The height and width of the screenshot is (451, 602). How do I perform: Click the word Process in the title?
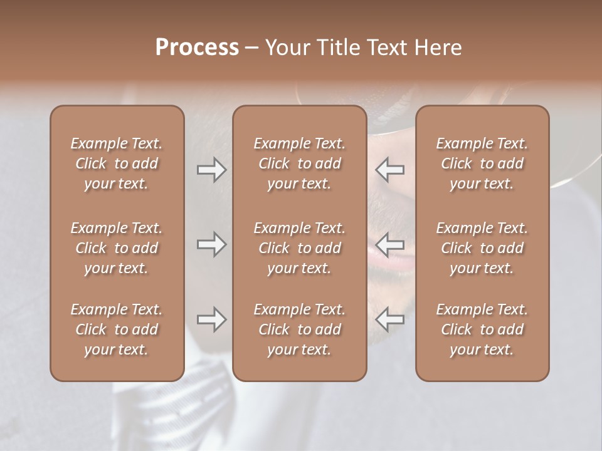pos(197,48)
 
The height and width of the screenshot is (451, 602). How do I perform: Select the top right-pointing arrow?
pos(211,170)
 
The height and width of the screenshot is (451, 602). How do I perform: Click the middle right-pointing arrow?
pos(211,244)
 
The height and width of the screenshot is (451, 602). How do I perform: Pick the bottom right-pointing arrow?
pos(211,319)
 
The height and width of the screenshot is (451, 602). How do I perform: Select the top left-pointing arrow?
pos(389,170)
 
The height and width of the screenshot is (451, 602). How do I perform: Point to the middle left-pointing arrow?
pos(389,244)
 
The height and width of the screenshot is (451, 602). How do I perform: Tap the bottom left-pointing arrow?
pos(389,319)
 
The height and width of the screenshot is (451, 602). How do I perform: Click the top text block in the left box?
pos(117,163)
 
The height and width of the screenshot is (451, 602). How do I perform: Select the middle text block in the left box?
pos(117,248)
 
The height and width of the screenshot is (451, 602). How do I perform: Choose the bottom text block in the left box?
pos(117,329)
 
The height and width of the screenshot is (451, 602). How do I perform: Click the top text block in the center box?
pos(299,163)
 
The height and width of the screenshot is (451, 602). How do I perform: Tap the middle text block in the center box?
pos(299,248)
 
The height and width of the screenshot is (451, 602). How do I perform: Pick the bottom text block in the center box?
pos(299,329)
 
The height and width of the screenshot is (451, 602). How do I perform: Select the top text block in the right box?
pos(482,163)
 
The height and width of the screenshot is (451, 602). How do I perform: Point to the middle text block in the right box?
pos(482,248)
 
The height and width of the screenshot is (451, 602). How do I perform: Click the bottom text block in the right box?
pos(482,329)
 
